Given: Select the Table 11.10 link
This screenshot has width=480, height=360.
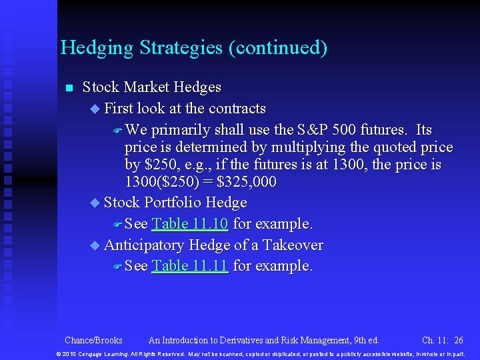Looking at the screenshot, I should (x=190, y=224).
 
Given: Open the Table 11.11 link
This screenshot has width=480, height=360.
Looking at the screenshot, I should (x=190, y=266).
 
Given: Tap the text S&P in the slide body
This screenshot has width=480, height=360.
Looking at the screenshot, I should (x=314, y=130).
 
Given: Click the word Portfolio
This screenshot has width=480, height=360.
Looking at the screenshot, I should (x=173, y=203).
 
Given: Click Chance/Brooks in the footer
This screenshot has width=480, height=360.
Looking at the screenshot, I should (x=93, y=340).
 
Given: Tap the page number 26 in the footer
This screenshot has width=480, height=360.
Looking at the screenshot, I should (x=458, y=340).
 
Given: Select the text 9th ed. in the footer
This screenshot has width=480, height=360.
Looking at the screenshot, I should (x=364, y=340).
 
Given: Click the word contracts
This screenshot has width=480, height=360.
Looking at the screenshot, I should (x=237, y=109).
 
